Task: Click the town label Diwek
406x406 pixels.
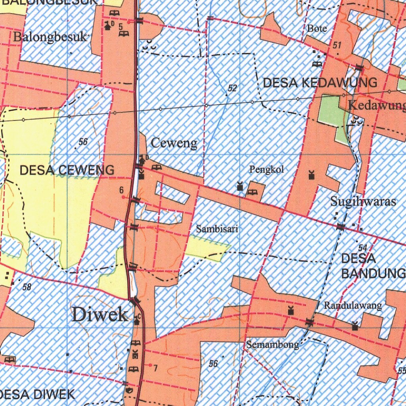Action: [x=100, y=315]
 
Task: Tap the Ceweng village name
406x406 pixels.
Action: [x=174, y=143]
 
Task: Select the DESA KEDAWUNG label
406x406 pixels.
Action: [x=320, y=83]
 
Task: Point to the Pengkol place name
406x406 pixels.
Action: [x=266, y=170]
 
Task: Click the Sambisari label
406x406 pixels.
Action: [x=217, y=229]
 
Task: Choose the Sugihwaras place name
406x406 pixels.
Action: [x=363, y=201]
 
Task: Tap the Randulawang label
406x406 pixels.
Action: [x=353, y=305]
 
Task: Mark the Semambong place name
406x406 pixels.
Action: [x=272, y=345]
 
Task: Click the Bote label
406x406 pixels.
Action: [x=317, y=29]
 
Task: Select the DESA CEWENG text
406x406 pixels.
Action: [x=67, y=170]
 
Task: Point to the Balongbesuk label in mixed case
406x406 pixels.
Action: [x=50, y=37]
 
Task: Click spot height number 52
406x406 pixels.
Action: [x=232, y=88]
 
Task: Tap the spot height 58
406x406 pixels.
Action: [x=27, y=287]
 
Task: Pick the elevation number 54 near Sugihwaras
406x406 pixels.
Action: [x=362, y=248]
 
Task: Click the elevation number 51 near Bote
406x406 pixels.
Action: [x=337, y=46]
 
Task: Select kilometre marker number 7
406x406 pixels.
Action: [x=155, y=368]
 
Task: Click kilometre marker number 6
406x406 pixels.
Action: [x=122, y=191]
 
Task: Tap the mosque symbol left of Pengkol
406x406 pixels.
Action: [x=239, y=186]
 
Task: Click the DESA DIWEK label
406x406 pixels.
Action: [x=38, y=395]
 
